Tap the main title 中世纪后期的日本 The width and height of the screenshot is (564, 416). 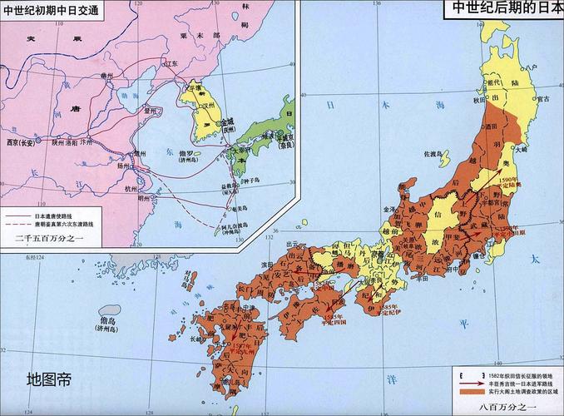point(507,9)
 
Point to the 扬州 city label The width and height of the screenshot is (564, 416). point(126,166)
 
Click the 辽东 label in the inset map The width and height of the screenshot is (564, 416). point(170,63)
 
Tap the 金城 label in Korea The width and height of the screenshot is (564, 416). point(229,121)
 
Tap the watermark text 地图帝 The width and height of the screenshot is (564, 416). point(48,380)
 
